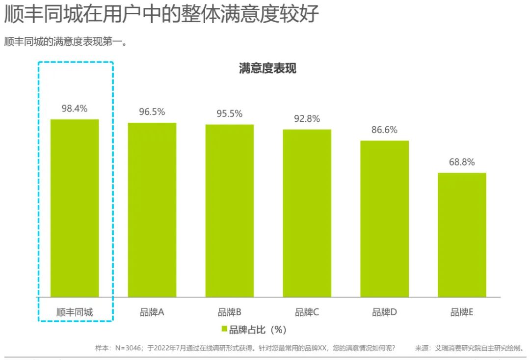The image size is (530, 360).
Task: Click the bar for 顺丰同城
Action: click(x=75, y=208)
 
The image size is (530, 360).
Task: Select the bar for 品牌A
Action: click(x=152, y=210)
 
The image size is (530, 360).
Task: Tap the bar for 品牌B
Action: click(x=230, y=211)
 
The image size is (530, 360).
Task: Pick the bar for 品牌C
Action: click(x=307, y=213)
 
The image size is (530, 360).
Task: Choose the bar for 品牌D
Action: click(x=384, y=219)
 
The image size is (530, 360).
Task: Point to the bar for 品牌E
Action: click(x=462, y=235)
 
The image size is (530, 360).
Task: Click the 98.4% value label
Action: click(x=75, y=109)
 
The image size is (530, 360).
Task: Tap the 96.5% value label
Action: click(x=152, y=112)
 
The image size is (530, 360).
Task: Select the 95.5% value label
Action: click(x=230, y=114)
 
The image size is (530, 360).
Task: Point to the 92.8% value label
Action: click(x=307, y=119)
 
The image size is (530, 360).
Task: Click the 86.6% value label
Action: click(x=384, y=130)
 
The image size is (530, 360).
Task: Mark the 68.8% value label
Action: click(x=462, y=162)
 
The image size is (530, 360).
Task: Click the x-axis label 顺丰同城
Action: click(x=75, y=312)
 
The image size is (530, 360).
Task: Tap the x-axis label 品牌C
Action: click(x=307, y=312)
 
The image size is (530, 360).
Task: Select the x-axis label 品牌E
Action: click(x=462, y=312)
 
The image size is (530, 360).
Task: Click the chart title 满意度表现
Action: click(x=267, y=69)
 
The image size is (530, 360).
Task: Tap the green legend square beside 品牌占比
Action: click(x=224, y=329)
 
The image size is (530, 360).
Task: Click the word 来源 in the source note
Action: click(x=422, y=348)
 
